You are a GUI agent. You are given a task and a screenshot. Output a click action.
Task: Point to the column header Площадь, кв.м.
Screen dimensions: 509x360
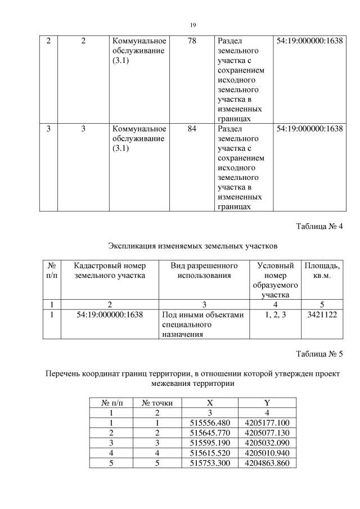pos(321,271)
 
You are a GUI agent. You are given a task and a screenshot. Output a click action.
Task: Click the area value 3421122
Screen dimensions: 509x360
pos(321,315)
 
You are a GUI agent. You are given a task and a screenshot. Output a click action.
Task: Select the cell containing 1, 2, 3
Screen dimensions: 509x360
pos(276,315)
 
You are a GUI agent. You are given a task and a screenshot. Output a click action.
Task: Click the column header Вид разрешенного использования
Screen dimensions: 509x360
pos(204,271)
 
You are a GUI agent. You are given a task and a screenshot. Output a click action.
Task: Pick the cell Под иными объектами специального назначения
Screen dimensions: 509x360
pos(202,325)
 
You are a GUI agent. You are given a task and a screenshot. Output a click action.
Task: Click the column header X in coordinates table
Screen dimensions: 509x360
pos(210,403)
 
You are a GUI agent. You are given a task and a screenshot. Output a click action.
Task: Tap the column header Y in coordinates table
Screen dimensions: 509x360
pos(267,403)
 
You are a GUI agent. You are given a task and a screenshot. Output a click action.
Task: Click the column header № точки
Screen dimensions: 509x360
pos(157,403)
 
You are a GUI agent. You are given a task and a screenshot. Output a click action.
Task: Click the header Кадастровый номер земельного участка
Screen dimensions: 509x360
pos(110,271)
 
